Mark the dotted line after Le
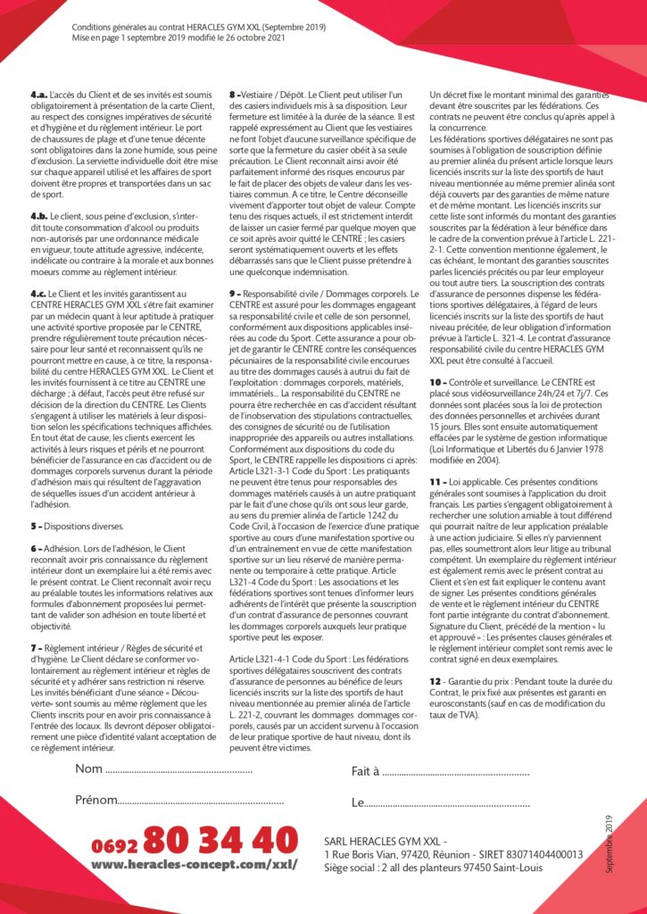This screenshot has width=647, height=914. pyautogui.click(x=446, y=802)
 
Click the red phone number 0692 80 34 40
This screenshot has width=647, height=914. pyautogui.click(x=194, y=841)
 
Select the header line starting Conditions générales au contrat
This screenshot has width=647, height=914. pyautogui.click(x=199, y=28)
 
